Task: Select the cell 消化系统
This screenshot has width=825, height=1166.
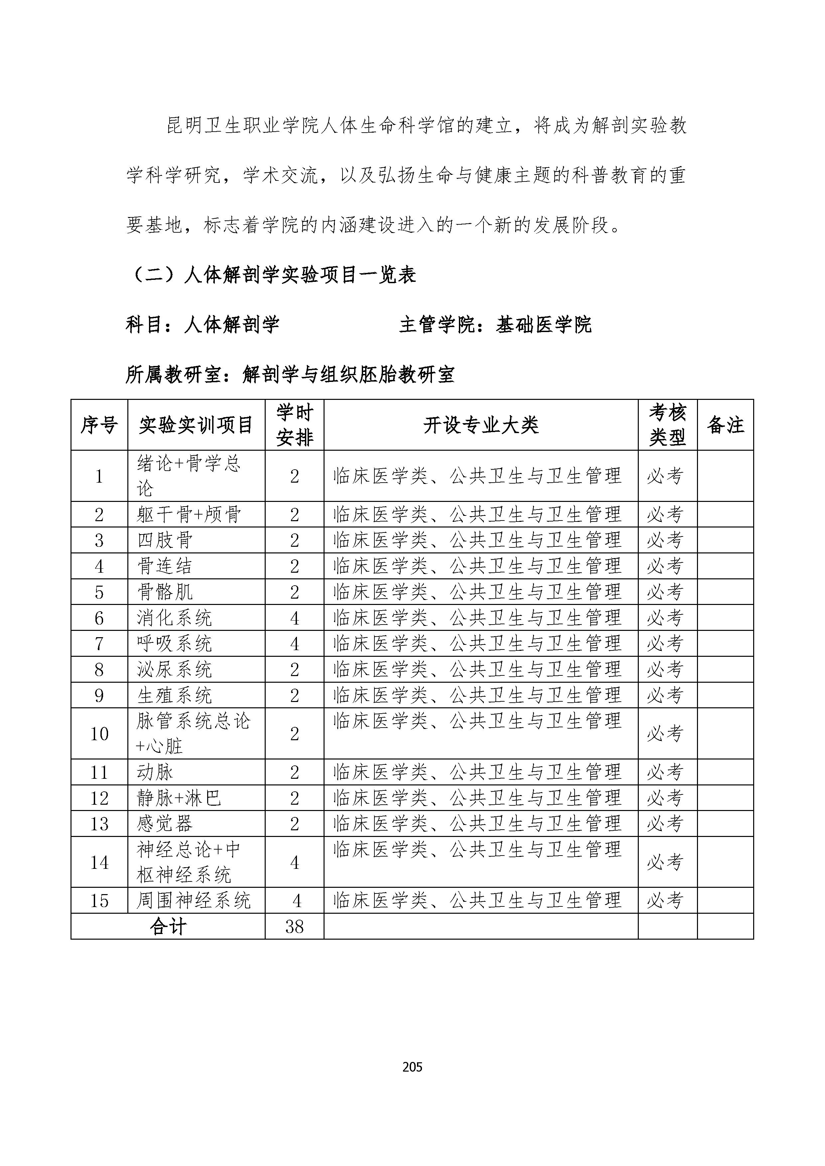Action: [x=174, y=618]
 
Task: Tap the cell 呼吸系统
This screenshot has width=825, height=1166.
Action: [x=174, y=644]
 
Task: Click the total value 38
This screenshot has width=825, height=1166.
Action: [x=295, y=927]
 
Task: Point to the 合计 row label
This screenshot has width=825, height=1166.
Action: [x=168, y=927]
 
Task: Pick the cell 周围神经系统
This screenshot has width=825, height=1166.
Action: [x=194, y=901]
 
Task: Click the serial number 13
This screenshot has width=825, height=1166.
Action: [x=99, y=824]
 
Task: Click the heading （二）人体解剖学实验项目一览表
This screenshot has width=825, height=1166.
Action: [x=271, y=275]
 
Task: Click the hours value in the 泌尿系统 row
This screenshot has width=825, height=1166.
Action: [x=295, y=670]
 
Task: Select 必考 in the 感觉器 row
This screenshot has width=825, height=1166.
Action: [x=664, y=824]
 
